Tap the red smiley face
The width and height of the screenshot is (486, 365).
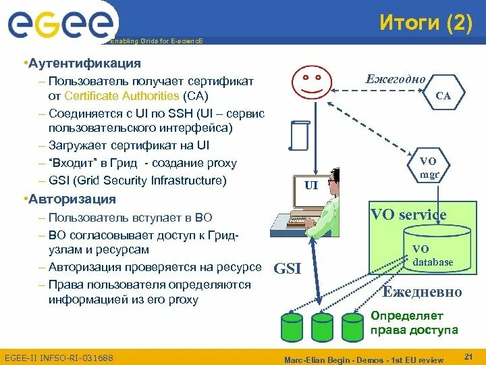(311, 83)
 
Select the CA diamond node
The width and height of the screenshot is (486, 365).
(443, 96)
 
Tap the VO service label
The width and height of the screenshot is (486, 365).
(408, 215)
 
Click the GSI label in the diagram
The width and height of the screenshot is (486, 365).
(288, 269)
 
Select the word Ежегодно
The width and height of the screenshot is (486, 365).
(396, 79)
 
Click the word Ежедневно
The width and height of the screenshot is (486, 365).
(423, 292)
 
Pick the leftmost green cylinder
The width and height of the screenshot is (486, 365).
(292, 326)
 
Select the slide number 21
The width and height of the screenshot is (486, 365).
(468, 356)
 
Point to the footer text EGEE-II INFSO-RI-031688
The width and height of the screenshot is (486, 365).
(59, 357)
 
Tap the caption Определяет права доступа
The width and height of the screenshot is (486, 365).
(414, 323)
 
